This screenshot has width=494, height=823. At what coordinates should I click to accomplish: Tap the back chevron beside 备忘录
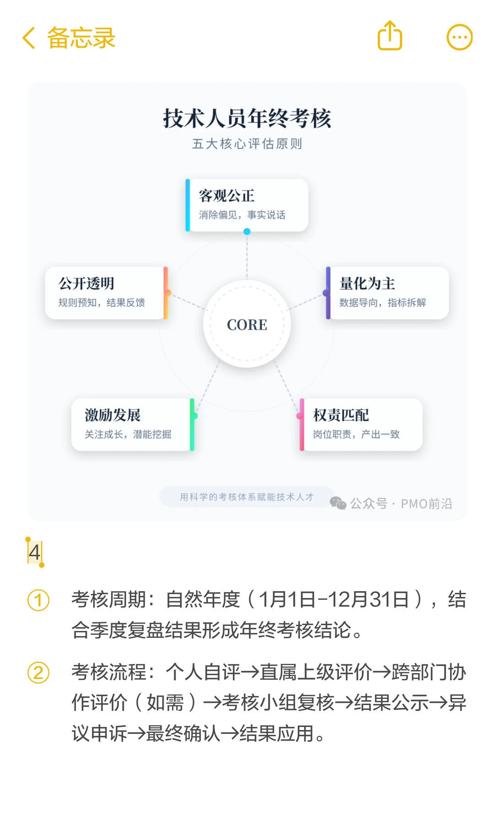[29, 37]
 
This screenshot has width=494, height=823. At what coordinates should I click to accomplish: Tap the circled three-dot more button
[459, 37]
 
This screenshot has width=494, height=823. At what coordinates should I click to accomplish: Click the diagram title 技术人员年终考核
[247, 119]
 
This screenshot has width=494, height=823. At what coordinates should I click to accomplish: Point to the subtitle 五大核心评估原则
[247, 144]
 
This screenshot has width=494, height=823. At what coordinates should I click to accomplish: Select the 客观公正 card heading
[227, 196]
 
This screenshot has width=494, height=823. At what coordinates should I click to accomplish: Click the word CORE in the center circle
[247, 325]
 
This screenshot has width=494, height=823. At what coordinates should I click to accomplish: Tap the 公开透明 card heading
[86, 283]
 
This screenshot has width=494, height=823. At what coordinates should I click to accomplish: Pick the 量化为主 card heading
[367, 283]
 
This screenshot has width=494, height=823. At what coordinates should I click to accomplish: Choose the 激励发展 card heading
[113, 415]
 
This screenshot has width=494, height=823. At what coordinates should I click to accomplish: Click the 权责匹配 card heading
[341, 415]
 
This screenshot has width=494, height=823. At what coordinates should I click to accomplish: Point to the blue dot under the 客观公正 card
[247, 231]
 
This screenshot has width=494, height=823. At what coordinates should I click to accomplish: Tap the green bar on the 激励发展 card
[192, 424]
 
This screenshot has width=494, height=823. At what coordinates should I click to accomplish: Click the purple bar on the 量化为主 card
[328, 293]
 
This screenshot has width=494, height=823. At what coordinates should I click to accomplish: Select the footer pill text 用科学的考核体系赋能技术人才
[247, 497]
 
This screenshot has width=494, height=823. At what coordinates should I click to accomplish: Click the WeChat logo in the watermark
[338, 503]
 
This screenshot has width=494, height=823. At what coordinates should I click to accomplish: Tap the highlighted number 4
[34, 552]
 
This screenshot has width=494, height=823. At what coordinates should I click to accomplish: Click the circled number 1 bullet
[38, 600]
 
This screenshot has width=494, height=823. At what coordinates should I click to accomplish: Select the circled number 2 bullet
[38, 673]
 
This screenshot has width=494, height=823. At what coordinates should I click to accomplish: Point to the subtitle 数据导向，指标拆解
[382, 303]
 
